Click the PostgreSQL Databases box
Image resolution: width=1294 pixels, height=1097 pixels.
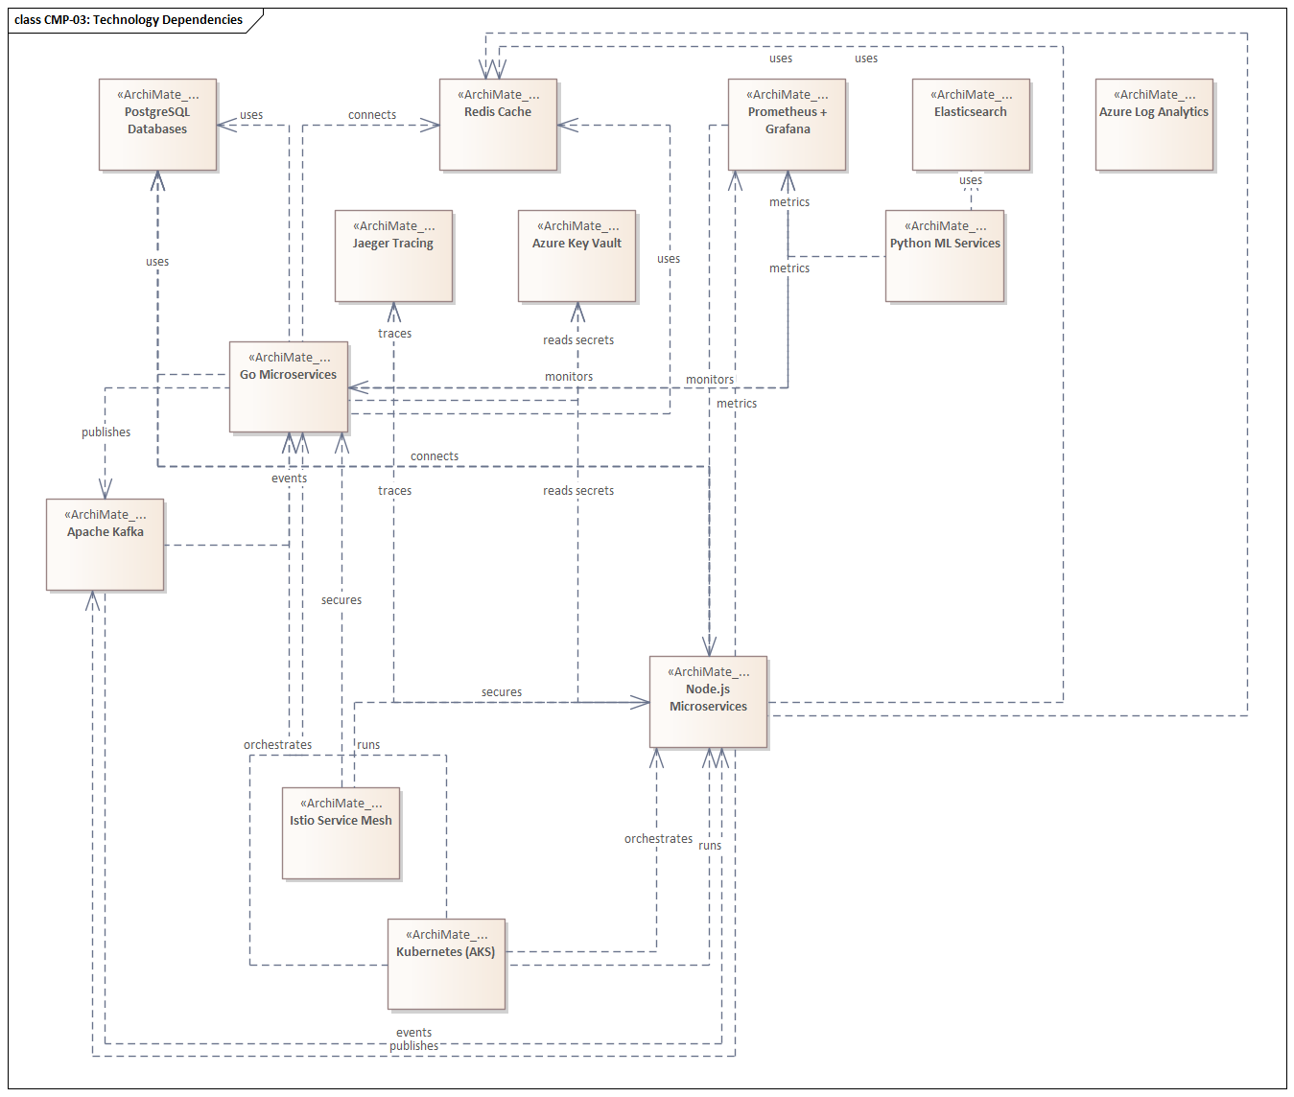point(157,125)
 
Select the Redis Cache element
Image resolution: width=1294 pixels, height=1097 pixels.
point(498,125)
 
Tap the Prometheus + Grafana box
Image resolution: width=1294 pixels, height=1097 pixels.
point(787,125)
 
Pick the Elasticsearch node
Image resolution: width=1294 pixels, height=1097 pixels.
point(971,125)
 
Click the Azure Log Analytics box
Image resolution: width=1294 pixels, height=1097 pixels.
point(1154,125)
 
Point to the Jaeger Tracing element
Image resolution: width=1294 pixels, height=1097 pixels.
point(393,256)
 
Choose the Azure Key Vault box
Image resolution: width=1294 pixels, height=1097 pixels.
point(576,256)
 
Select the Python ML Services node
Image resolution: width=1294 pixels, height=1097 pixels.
point(945,256)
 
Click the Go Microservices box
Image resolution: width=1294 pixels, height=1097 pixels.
point(289,387)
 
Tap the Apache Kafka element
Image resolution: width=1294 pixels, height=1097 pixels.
point(106,545)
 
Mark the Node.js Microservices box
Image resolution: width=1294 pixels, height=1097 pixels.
point(708,702)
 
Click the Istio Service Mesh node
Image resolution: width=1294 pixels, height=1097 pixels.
point(341,833)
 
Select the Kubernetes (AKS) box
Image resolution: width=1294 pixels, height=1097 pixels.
point(446,965)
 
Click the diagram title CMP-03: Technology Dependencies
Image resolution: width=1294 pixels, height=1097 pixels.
point(129,20)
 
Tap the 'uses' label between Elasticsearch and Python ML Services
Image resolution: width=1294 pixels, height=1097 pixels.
point(971,180)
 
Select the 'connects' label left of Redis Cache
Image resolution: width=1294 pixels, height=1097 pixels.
point(372,115)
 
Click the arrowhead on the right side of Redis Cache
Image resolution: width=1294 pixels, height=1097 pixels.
point(567,125)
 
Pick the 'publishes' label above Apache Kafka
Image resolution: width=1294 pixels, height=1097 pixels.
point(106,432)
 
